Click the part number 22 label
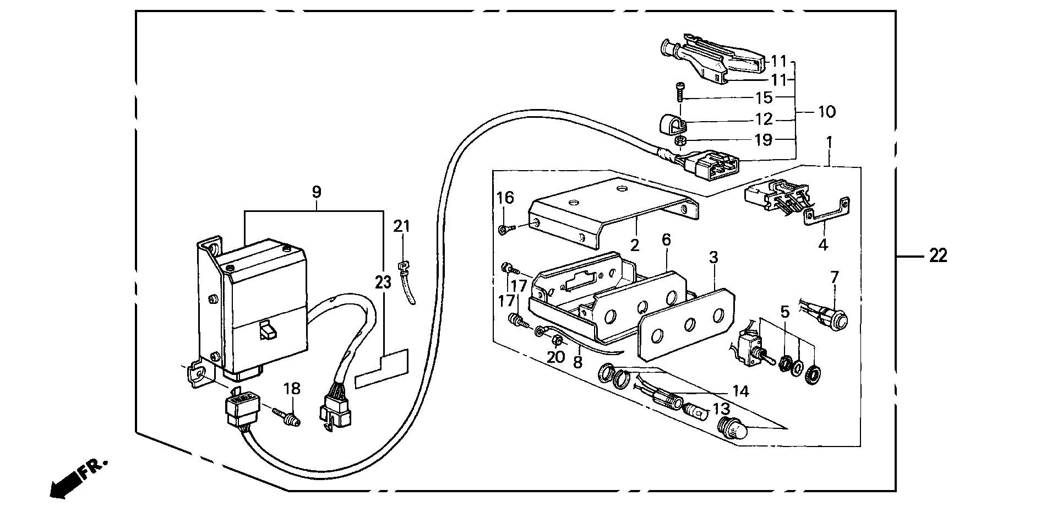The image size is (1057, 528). point(938,255)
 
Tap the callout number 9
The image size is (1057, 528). point(316,192)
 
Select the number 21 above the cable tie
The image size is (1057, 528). point(402,226)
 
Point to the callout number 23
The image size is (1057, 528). point(383,283)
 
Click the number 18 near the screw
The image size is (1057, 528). point(292,388)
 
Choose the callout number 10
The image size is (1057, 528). point(826,112)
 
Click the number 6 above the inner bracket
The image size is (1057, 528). point(667,239)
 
